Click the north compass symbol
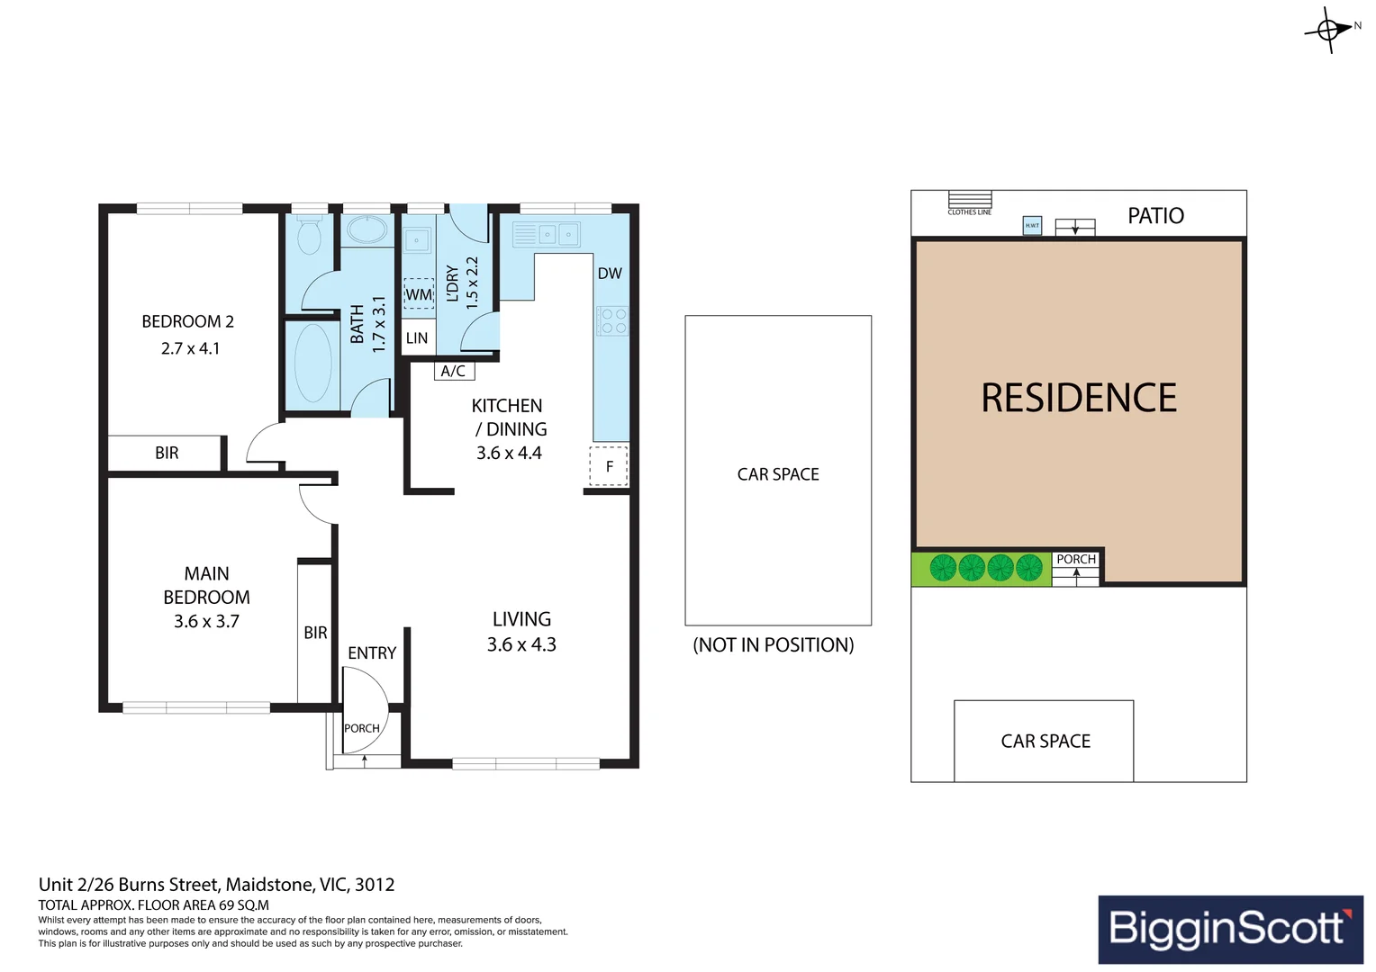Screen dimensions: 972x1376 pos(1329,30)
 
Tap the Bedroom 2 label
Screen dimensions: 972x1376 pos(187,321)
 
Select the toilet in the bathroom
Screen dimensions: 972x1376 pos(309,236)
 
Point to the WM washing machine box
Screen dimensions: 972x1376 pos(418,294)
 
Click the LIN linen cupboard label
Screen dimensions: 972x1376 pos(417,338)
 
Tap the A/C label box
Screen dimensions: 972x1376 pos(453,371)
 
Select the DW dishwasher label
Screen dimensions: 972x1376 pos(610,274)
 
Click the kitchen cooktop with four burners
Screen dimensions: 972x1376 pos(612,321)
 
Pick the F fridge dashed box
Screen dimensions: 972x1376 pos(609,466)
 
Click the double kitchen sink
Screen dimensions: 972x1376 pos(558,235)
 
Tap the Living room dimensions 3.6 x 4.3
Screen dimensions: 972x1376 pos(521,644)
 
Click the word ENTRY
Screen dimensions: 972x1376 pos(372,653)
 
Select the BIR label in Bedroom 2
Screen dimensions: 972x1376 pos(167,454)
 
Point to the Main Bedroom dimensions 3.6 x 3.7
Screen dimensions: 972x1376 pos(206,621)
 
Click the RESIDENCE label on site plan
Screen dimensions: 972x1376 pos(1079,398)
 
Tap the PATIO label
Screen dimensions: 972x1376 pos(1155,216)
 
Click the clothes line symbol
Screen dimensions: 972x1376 pos(970,200)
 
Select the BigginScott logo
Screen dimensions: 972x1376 pos(1230,929)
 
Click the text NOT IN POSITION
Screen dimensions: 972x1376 pos(773,645)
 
